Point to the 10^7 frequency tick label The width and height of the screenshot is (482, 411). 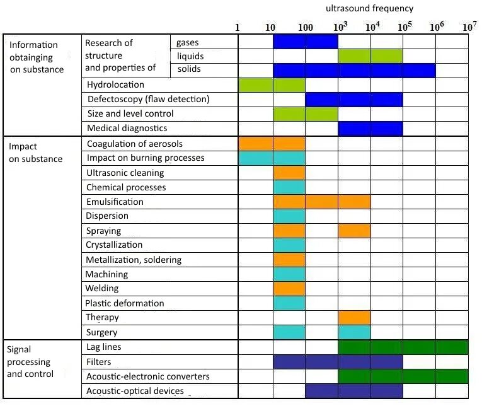(x=469, y=27)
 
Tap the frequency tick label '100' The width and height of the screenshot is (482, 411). (x=305, y=28)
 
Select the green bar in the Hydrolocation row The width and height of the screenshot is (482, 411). (x=272, y=84)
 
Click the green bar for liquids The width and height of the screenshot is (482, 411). (x=370, y=56)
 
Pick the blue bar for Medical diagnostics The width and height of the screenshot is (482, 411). (x=370, y=128)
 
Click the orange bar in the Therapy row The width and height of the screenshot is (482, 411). (x=354, y=317)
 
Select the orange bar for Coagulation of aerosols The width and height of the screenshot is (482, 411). (x=272, y=144)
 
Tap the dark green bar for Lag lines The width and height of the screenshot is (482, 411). (x=403, y=347)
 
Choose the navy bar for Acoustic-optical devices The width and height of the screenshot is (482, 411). (x=354, y=391)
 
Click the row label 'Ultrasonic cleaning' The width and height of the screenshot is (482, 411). (x=125, y=173)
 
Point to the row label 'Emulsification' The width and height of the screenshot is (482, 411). (x=115, y=202)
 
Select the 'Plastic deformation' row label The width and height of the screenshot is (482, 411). (x=125, y=303)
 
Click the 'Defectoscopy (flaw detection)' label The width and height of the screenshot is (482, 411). (x=148, y=99)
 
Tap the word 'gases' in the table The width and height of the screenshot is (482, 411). (x=188, y=42)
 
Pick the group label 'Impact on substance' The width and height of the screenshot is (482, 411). (x=35, y=153)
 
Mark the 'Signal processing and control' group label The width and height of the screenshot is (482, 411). (x=29, y=362)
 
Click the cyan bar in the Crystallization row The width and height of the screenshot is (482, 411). (x=289, y=245)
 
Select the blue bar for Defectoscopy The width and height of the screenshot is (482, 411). (x=354, y=99)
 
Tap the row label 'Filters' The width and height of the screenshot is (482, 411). (x=99, y=362)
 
